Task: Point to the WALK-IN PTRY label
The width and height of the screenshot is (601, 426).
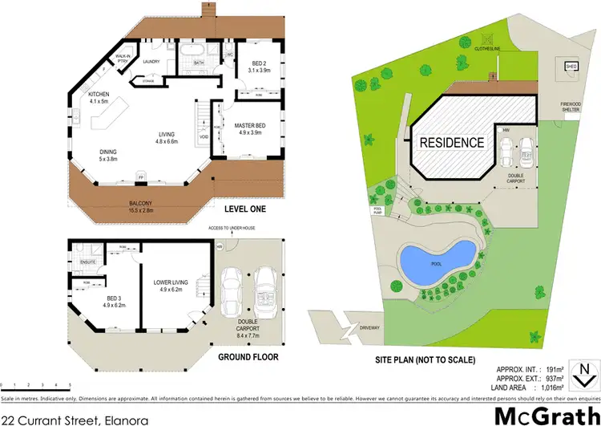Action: click(123, 59)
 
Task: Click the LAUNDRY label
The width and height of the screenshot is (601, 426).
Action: click(151, 61)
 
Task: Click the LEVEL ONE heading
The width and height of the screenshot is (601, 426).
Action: click(245, 209)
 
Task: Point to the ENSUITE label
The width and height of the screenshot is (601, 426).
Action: click(88, 262)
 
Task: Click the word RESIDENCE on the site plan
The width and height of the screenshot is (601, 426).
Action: click(453, 143)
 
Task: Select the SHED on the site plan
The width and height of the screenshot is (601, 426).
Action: click(571, 67)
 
